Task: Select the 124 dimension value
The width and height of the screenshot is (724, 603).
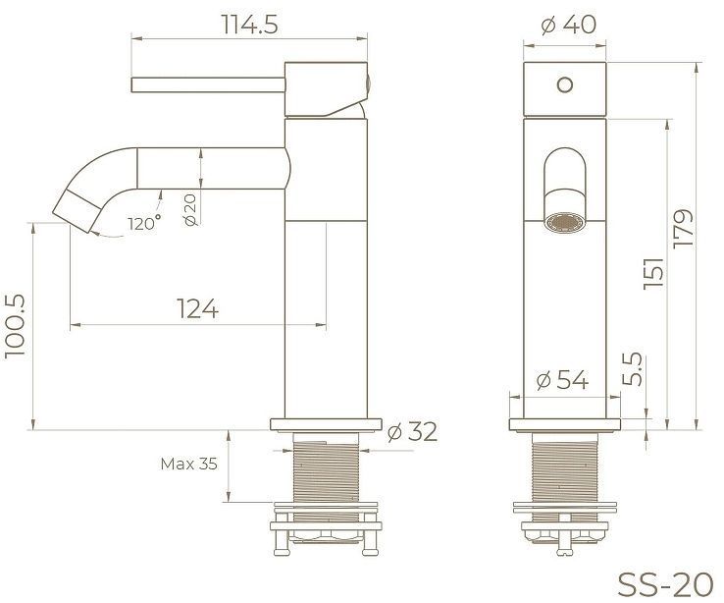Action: (x=197, y=308)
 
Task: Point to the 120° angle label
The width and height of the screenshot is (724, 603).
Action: (x=143, y=224)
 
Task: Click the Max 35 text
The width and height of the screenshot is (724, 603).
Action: (x=188, y=464)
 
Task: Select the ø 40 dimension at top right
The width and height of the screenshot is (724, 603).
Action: (x=568, y=26)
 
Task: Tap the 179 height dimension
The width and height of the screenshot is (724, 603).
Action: (x=683, y=228)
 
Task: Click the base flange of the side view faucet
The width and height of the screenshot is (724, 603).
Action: (x=324, y=424)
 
